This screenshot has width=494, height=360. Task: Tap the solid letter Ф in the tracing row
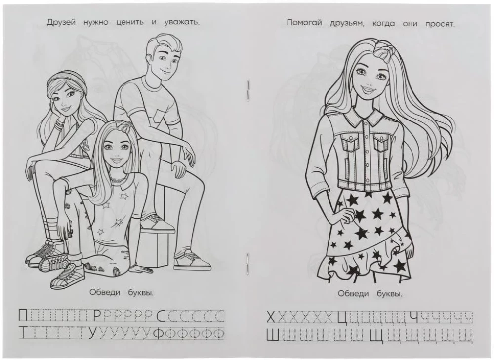(x=159, y=334)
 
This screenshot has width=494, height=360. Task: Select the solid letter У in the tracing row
(x=92, y=334)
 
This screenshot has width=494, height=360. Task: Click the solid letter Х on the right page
(x=271, y=316)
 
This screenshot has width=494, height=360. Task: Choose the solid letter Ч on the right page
(x=414, y=316)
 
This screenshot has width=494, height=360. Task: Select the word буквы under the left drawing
(x=138, y=292)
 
